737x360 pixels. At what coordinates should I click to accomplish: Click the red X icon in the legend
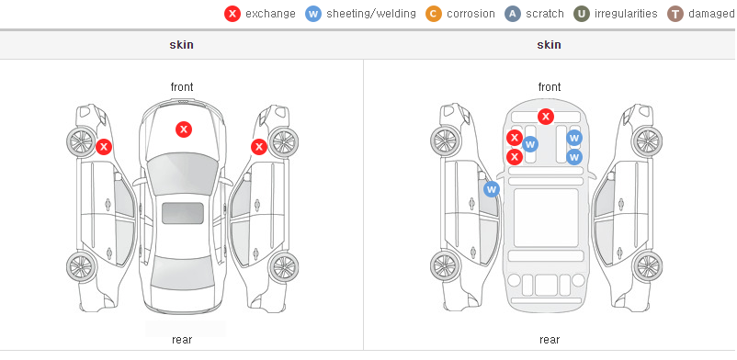point(232,14)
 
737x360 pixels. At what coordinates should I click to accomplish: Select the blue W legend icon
point(313,14)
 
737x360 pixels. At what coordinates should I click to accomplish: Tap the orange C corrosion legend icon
point(434,14)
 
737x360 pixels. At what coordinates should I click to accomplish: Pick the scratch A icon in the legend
point(513,14)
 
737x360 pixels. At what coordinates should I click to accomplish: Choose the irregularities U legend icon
point(582,14)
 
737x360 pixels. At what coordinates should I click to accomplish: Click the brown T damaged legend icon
point(675,14)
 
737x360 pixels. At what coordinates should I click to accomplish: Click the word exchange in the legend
point(270,14)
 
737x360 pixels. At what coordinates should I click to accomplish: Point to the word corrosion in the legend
point(471,14)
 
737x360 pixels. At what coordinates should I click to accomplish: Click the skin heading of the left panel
point(181,45)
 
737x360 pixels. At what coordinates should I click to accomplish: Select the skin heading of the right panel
point(549,45)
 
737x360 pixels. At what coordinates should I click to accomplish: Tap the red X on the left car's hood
point(184,129)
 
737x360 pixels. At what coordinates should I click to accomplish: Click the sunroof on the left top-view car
point(183,213)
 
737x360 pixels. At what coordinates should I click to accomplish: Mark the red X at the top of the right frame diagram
point(545,116)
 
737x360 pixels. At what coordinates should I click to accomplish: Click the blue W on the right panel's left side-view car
point(492,189)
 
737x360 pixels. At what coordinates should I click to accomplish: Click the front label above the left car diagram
point(182,87)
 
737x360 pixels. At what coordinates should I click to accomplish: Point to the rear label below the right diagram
point(550,340)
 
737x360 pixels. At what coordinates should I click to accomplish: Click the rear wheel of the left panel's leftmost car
point(82,267)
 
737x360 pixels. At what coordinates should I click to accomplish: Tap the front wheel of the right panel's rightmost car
point(647,141)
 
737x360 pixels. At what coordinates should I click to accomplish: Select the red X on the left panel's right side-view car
point(259,147)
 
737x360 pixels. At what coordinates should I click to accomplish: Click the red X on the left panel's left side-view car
point(104,147)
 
